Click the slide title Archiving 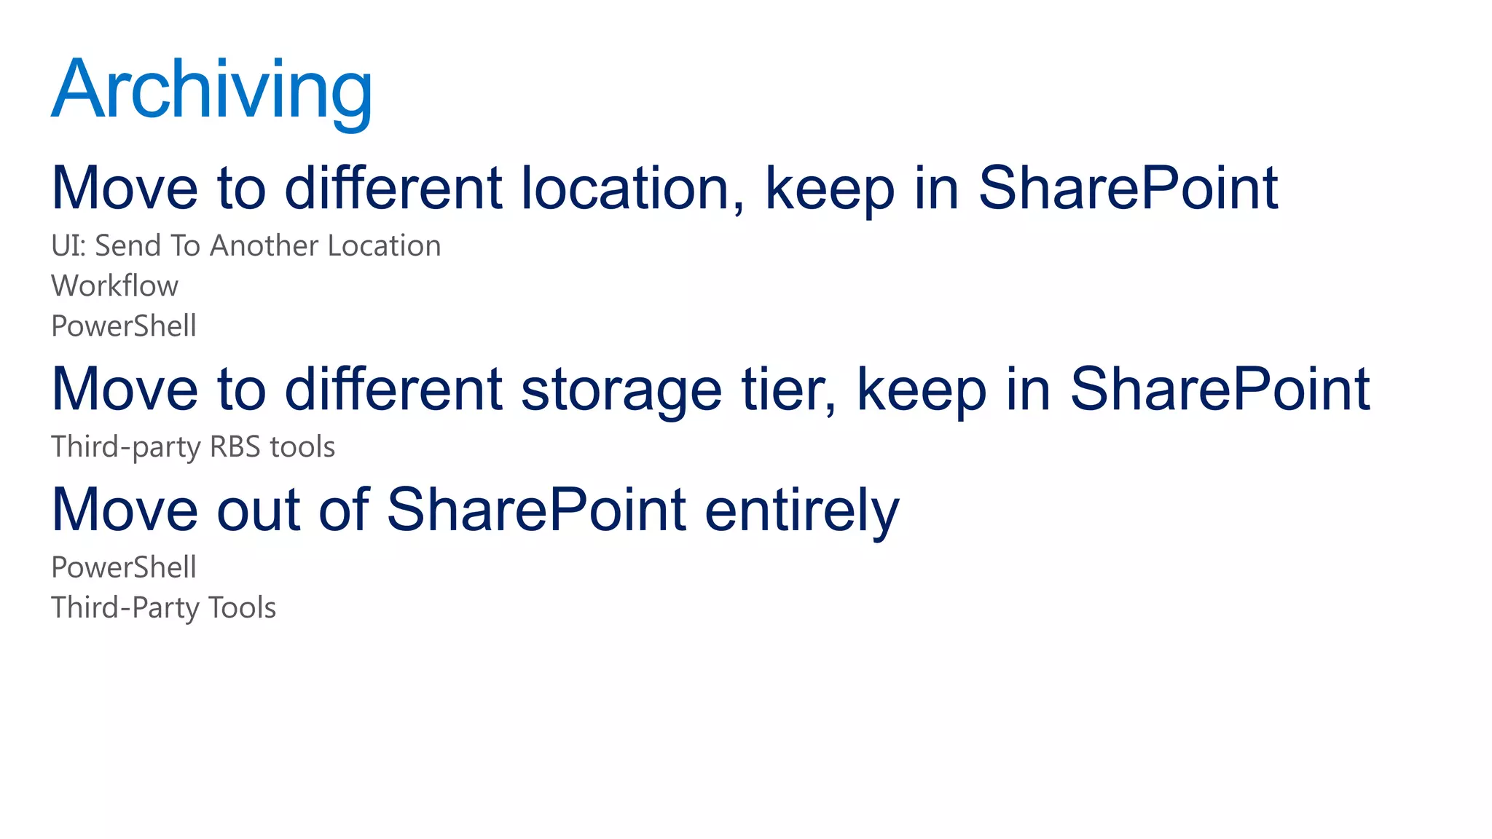(x=211, y=90)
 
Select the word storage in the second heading (x=621, y=390)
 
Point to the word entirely (x=802, y=510)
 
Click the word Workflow (x=114, y=286)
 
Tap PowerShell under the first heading (x=124, y=326)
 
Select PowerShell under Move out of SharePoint (x=124, y=567)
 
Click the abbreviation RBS (x=235, y=447)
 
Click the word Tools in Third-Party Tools (x=242, y=608)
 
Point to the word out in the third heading (x=258, y=510)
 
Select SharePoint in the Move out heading (x=536, y=510)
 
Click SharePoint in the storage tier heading (x=1220, y=390)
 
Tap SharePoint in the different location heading (x=1128, y=188)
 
